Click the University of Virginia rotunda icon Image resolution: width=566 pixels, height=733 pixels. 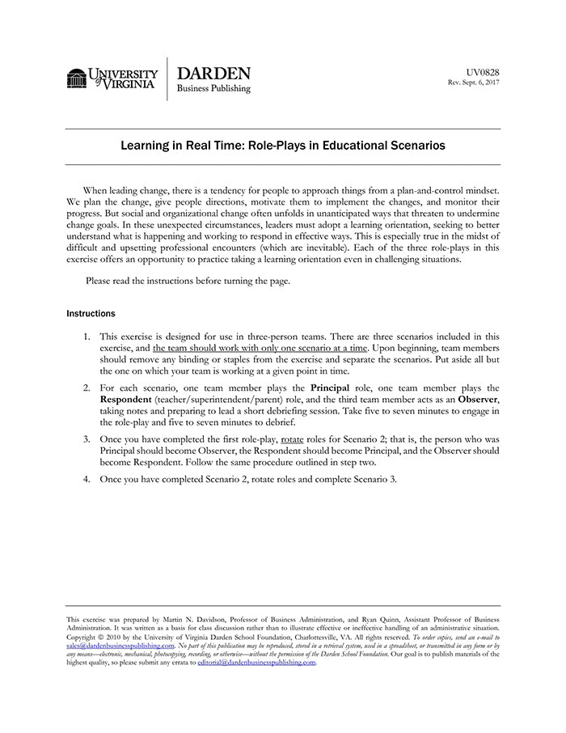pyautogui.click(x=77, y=78)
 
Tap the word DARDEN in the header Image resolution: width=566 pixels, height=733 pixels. pyautogui.click(x=213, y=73)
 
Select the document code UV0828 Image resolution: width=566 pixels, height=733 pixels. pyautogui.click(x=483, y=72)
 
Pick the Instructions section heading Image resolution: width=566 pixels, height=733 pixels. pyautogui.click(x=91, y=313)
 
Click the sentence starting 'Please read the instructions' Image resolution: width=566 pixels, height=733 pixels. pyautogui.click(x=188, y=281)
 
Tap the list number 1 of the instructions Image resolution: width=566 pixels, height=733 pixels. pyautogui.click(x=87, y=336)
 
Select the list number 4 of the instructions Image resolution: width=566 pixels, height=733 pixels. pyautogui.click(x=87, y=479)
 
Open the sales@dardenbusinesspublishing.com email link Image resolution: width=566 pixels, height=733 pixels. pyautogui.click(x=120, y=646)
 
